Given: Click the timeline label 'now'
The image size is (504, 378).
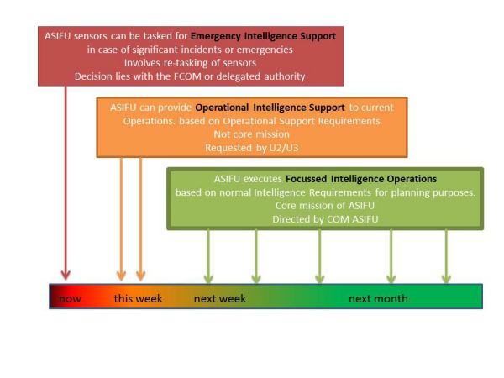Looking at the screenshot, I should click(70, 299).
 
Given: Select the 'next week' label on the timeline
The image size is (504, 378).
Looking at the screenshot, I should click(219, 299).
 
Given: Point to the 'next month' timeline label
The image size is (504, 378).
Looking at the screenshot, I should click(378, 299).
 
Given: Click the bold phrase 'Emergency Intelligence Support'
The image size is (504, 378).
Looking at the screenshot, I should click(263, 36).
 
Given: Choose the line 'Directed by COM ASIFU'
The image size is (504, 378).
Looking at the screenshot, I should click(324, 219).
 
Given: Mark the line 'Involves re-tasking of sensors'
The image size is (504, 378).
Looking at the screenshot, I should click(189, 63).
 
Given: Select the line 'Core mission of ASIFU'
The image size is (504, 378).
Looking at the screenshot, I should click(324, 206).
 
